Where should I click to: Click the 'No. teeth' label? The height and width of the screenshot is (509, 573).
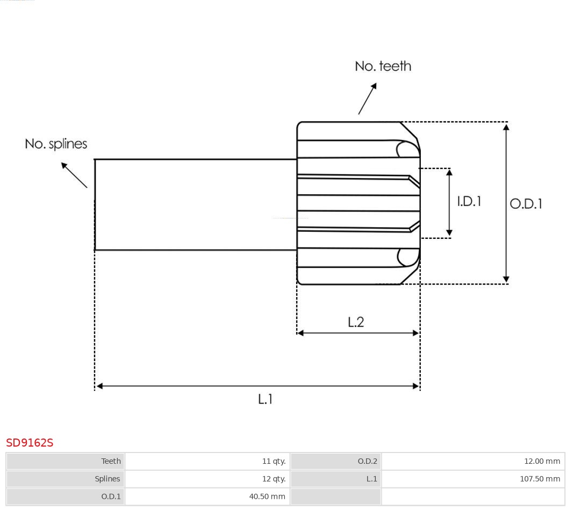coord(383,66)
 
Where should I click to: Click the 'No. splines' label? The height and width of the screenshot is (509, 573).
coord(56,144)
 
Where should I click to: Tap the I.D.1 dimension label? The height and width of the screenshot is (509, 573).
coord(469,201)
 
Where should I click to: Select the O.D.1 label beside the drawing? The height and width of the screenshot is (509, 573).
coord(526,204)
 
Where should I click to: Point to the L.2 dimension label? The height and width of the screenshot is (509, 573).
coord(356,322)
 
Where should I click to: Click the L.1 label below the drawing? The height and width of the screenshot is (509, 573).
coord(266,399)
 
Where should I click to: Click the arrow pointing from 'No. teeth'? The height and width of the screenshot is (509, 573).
coord(367,98)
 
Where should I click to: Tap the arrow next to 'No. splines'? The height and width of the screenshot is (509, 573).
coord(74,175)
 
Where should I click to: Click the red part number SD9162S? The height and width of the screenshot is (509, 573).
coord(30,443)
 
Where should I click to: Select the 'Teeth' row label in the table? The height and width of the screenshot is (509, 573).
coord(111,461)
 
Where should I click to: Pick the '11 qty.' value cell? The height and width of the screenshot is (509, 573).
coord(274,461)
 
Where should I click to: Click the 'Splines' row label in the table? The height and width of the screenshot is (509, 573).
coord(108,479)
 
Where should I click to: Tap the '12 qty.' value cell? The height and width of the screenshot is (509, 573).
coord(274,479)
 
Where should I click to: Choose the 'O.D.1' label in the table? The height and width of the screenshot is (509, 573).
coord(111,497)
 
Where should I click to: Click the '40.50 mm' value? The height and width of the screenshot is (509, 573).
coord(267,497)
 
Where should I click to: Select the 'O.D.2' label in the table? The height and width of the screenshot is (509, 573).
coord(368,461)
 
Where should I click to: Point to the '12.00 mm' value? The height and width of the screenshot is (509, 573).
coord(542,461)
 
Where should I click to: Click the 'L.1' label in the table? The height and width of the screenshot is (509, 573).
coord(371,479)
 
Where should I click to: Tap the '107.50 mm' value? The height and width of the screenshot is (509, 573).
coord(540,479)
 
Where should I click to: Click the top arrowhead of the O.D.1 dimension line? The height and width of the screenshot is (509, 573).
coord(506,127)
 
